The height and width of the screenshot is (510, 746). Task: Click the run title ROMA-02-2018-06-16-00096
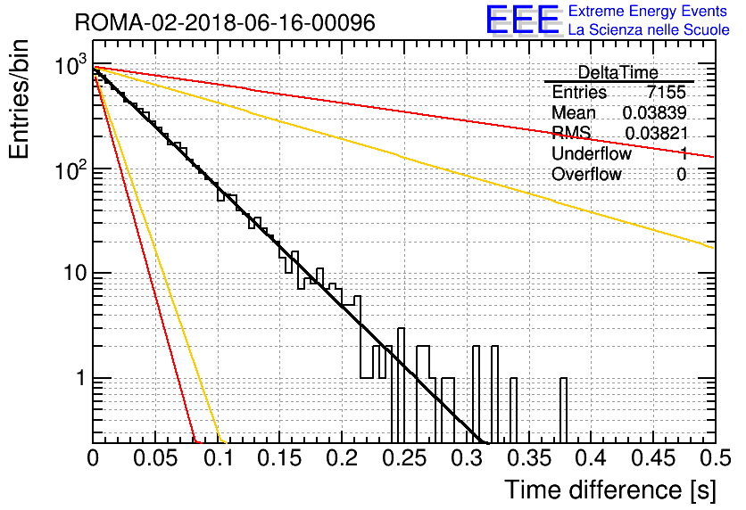(x=225, y=22)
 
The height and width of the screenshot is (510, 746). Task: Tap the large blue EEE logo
(x=522, y=20)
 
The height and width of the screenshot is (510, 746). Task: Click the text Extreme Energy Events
(x=648, y=11)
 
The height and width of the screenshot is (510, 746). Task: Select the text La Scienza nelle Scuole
(x=649, y=29)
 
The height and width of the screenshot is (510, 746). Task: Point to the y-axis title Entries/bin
(x=20, y=99)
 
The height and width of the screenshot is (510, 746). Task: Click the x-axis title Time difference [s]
(x=610, y=490)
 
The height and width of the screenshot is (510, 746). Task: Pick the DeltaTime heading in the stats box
(x=618, y=72)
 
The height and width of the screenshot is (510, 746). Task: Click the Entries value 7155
(x=666, y=92)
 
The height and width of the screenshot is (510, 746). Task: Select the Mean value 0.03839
(x=654, y=112)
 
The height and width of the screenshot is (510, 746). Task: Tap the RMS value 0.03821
(x=656, y=134)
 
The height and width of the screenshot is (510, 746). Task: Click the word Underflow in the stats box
(x=592, y=153)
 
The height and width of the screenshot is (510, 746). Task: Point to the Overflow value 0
(x=681, y=175)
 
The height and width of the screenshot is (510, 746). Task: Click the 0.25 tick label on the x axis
(x=404, y=458)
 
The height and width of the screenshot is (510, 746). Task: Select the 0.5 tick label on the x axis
(x=715, y=458)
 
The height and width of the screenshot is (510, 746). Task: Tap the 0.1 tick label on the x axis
(x=219, y=458)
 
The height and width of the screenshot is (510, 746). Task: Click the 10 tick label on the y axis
(x=75, y=274)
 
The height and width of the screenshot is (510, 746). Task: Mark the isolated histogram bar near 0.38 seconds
(x=563, y=411)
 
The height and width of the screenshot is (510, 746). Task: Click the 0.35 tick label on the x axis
(x=528, y=458)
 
